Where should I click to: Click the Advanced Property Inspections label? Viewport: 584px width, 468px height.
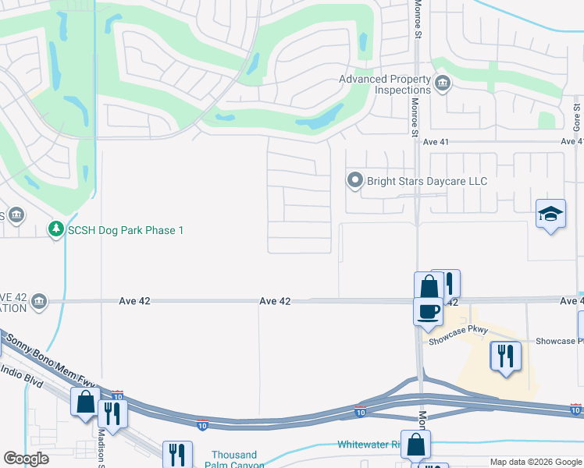click(x=385, y=84)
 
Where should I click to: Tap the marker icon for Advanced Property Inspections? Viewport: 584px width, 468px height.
click(x=443, y=83)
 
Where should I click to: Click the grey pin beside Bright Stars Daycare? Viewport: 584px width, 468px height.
click(x=355, y=181)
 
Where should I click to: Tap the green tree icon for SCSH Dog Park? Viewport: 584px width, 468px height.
click(x=55, y=230)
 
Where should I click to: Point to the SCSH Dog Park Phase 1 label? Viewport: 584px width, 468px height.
click(x=125, y=230)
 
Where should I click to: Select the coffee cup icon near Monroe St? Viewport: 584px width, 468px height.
click(x=427, y=311)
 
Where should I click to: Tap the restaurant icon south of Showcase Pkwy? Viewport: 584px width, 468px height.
click(x=505, y=356)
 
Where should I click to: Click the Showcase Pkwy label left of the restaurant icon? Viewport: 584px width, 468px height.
click(x=458, y=330)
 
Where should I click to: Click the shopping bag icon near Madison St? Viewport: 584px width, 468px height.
click(x=84, y=402)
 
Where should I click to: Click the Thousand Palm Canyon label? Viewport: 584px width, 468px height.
click(x=234, y=459)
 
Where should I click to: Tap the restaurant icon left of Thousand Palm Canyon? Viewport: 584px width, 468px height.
click(x=177, y=454)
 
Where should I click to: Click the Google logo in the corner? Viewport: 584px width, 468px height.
click(x=26, y=459)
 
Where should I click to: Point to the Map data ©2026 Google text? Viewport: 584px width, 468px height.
click(x=535, y=462)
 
